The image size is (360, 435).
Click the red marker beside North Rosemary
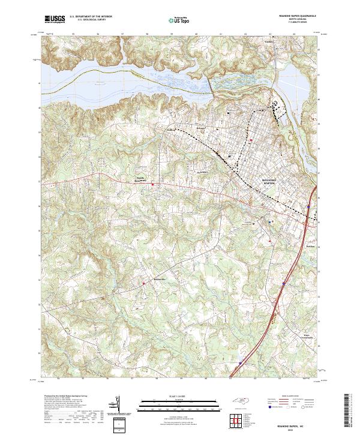point(153,184)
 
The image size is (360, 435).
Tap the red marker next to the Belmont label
point(143,283)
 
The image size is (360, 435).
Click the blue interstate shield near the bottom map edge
point(241,362)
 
